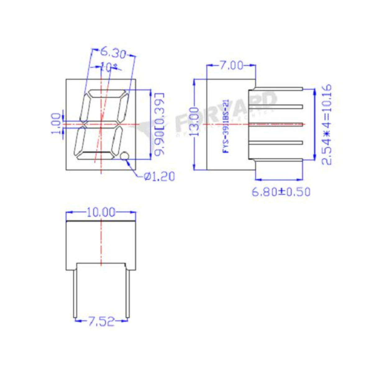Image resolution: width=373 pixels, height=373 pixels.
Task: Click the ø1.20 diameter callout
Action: (159, 177)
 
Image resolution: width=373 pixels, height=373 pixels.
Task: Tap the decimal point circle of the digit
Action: (125, 156)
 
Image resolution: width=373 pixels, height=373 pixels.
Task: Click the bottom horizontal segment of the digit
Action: (95, 156)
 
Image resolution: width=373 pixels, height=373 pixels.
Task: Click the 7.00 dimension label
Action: (231, 66)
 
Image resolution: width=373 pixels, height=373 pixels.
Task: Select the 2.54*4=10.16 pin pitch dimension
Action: (327, 124)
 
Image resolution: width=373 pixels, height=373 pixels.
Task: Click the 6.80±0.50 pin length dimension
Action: (281, 192)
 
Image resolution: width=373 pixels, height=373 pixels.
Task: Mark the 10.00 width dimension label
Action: (101, 212)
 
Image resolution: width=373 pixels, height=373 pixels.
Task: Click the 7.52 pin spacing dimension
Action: (101, 322)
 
